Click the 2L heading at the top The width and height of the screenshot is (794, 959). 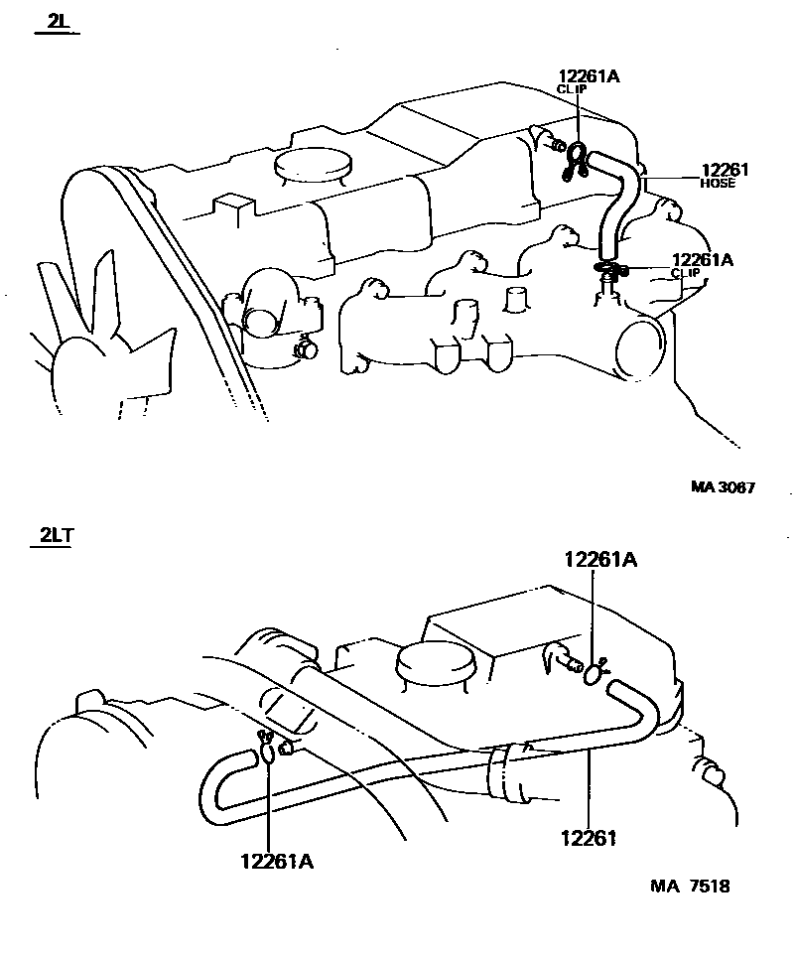tap(56, 22)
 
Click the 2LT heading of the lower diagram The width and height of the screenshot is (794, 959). tap(57, 537)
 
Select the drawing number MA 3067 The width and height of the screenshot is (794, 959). tap(724, 487)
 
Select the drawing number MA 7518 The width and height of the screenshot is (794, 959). tap(692, 887)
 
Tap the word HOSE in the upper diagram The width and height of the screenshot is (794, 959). tap(718, 184)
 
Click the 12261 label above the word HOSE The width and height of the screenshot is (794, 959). tap(725, 170)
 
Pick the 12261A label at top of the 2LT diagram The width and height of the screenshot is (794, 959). tap(600, 560)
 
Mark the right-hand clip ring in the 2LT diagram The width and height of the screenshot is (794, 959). tap(593, 673)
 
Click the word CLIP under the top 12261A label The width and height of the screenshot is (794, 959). tap(571, 89)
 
